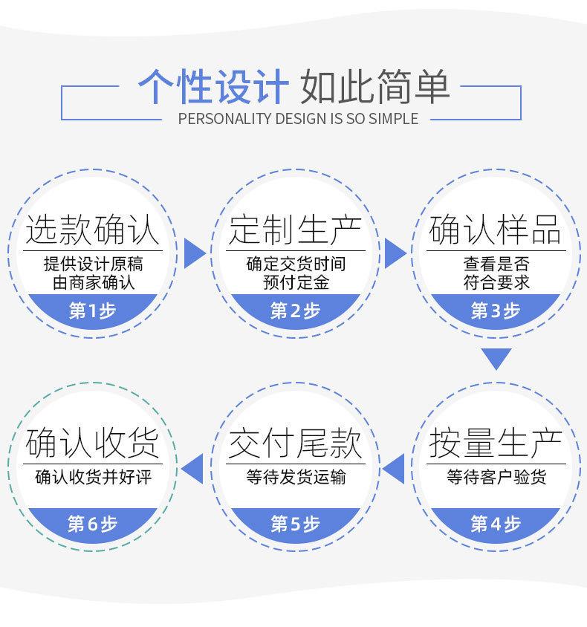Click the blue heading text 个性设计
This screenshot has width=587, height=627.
213,86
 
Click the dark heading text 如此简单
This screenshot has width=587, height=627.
375,86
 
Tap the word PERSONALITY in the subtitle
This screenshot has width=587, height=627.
226,119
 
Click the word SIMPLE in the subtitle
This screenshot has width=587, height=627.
392,119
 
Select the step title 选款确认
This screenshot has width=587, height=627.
93,230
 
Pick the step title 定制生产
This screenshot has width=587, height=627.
295,230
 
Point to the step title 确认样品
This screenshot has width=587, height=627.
496,230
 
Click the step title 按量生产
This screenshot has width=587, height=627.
496,444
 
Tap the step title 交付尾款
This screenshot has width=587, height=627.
295,444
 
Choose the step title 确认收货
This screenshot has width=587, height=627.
93,444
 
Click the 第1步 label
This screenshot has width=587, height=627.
93,311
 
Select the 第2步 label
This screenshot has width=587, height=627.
295,311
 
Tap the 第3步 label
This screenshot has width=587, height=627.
496,311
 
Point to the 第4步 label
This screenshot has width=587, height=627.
496,524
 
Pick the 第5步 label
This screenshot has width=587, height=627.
295,524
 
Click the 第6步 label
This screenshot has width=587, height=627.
93,524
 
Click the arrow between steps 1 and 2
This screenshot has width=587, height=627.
192,253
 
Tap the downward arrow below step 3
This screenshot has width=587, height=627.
496,359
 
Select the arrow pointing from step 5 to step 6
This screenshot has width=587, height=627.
193,467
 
